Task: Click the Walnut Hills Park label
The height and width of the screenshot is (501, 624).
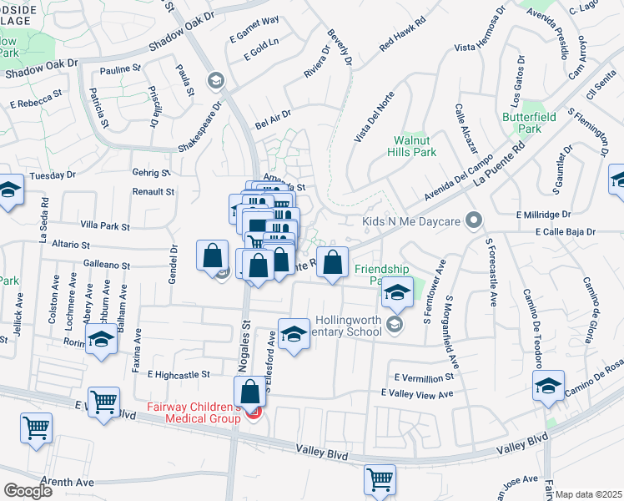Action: click(x=415, y=147)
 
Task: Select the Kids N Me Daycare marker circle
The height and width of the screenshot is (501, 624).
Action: click(x=474, y=221)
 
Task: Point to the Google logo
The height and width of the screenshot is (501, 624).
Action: click(x=27, y=491)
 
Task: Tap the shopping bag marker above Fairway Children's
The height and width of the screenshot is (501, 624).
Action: click(x=249, y=391)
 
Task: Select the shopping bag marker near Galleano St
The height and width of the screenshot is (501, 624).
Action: click(x=214, y=255)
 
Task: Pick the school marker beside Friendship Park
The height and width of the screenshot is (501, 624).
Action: click(x=397, y=292)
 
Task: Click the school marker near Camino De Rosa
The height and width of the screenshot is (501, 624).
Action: click(x=548, y=385)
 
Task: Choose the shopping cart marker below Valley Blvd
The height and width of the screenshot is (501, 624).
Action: click(x=380, y=479)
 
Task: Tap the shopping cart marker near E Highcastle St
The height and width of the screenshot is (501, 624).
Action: click(x=103, y=402)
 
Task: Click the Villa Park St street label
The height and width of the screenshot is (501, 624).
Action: click(x=104, y=226)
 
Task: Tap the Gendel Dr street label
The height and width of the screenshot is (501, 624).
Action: click(x=174, y=262)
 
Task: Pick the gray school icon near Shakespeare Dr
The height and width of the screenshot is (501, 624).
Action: click(x=216, y=80)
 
